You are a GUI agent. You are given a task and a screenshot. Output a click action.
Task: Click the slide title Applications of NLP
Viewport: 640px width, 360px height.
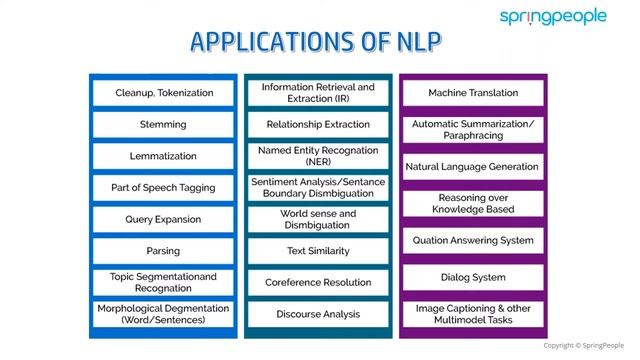pyautogui.click(x=317, y=42)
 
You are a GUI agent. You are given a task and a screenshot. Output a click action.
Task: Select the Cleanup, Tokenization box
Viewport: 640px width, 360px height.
pyautogui.click(x=164, y=93)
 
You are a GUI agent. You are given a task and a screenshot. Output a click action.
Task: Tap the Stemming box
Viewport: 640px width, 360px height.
pyautogui.click(x=164, y=125)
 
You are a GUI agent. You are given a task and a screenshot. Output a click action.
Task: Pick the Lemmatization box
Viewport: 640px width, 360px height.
pyautogui.click(x=164, y=156)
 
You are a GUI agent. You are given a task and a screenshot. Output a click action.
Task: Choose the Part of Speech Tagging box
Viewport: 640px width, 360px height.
pyautogui.click(x=164, y=188)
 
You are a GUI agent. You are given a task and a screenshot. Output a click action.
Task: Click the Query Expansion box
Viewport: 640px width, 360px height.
pyautogui.click(x=164, y=219)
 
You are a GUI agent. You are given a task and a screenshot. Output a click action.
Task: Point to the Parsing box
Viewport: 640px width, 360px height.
pyautogui.click(x=164, y=251)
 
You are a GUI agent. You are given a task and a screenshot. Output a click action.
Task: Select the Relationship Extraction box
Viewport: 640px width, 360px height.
pyautogui.click(x=318, y=125)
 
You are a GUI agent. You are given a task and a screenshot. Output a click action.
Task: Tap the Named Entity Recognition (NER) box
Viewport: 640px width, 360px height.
pyautogui.click(x=318, y=156)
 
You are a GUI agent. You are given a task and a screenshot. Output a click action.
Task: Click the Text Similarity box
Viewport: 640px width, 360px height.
pyautogui.click(x=318, y=251)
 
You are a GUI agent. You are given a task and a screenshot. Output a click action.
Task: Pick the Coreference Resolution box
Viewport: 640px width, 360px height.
pyautogui.click(x=318, y=283)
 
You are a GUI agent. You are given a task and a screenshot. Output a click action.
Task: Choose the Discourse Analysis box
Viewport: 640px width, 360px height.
pyautogui.click(x=318, y=314)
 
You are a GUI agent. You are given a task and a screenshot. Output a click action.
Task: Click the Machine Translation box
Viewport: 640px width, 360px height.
pyautogui.click(x=473, y=93)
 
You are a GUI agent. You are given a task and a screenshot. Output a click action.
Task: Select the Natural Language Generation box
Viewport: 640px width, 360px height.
pyautogui.click(x=473, y=167)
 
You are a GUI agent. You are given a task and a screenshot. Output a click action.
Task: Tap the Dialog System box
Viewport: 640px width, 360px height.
pyautogui.click(x=473, y=277)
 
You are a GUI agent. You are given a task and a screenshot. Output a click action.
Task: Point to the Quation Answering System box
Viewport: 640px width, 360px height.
pyautogui.click(x=473, y=240)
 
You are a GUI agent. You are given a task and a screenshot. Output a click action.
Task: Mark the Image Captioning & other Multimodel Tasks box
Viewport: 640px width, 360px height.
pyautogui.click(x=473, y=314)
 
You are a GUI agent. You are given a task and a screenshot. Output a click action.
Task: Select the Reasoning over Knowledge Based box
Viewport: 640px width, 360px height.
pyautogui.click(x=473, y=203)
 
